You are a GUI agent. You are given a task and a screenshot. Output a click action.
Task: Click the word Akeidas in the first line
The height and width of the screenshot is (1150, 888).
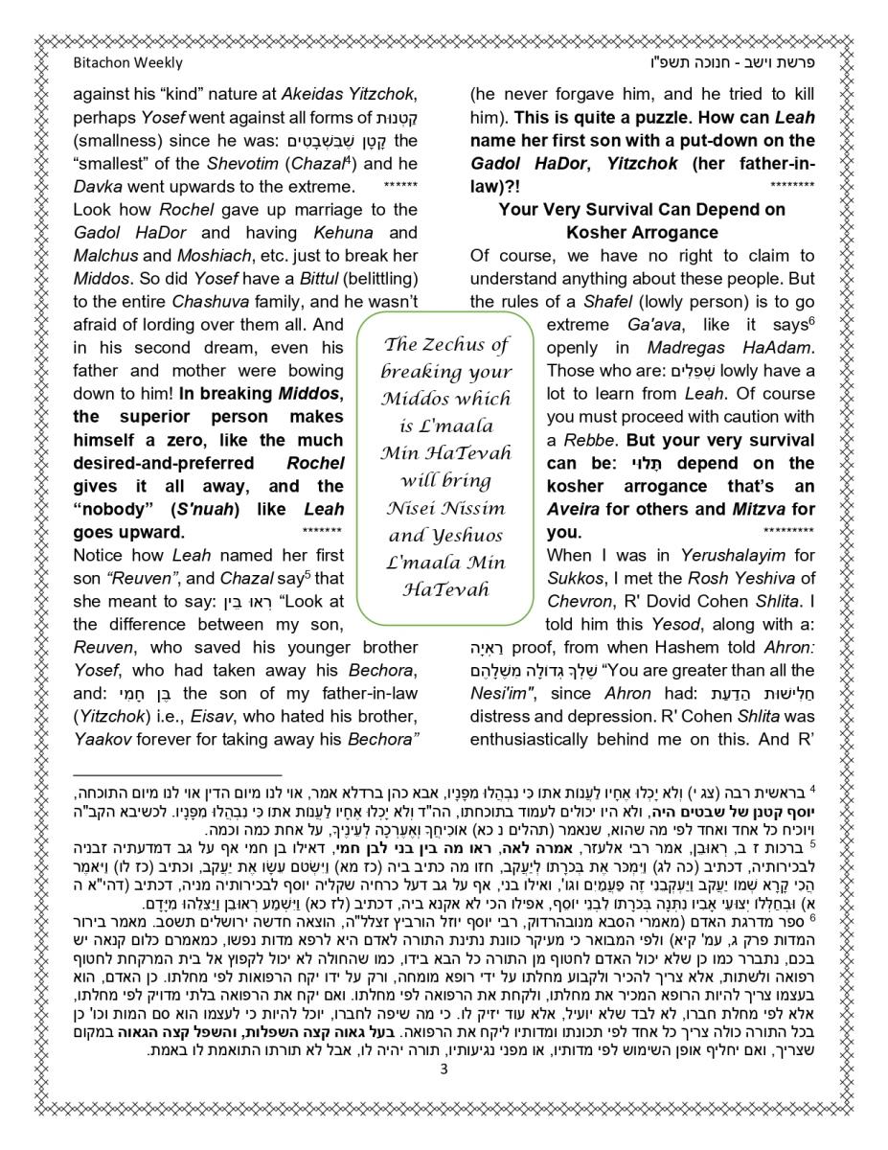point(314,94)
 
